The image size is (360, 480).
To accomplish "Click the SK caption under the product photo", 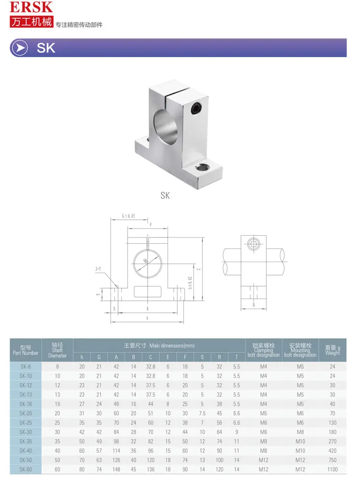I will point(165,195).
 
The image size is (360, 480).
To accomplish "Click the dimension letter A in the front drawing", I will point(147,318).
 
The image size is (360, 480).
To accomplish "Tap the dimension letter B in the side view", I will point(253,305).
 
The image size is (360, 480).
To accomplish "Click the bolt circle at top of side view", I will point(253,244).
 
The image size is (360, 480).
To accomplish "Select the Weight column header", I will point(332,350).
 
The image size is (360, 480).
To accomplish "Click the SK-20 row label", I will point(26,413).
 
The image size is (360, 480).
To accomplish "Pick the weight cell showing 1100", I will point(332,469).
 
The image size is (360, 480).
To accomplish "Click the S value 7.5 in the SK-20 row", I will point(202,413).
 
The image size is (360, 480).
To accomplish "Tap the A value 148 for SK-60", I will point(116,469).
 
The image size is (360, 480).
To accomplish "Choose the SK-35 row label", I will point(26,441).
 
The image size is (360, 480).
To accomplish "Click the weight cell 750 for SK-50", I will point(332,460).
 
